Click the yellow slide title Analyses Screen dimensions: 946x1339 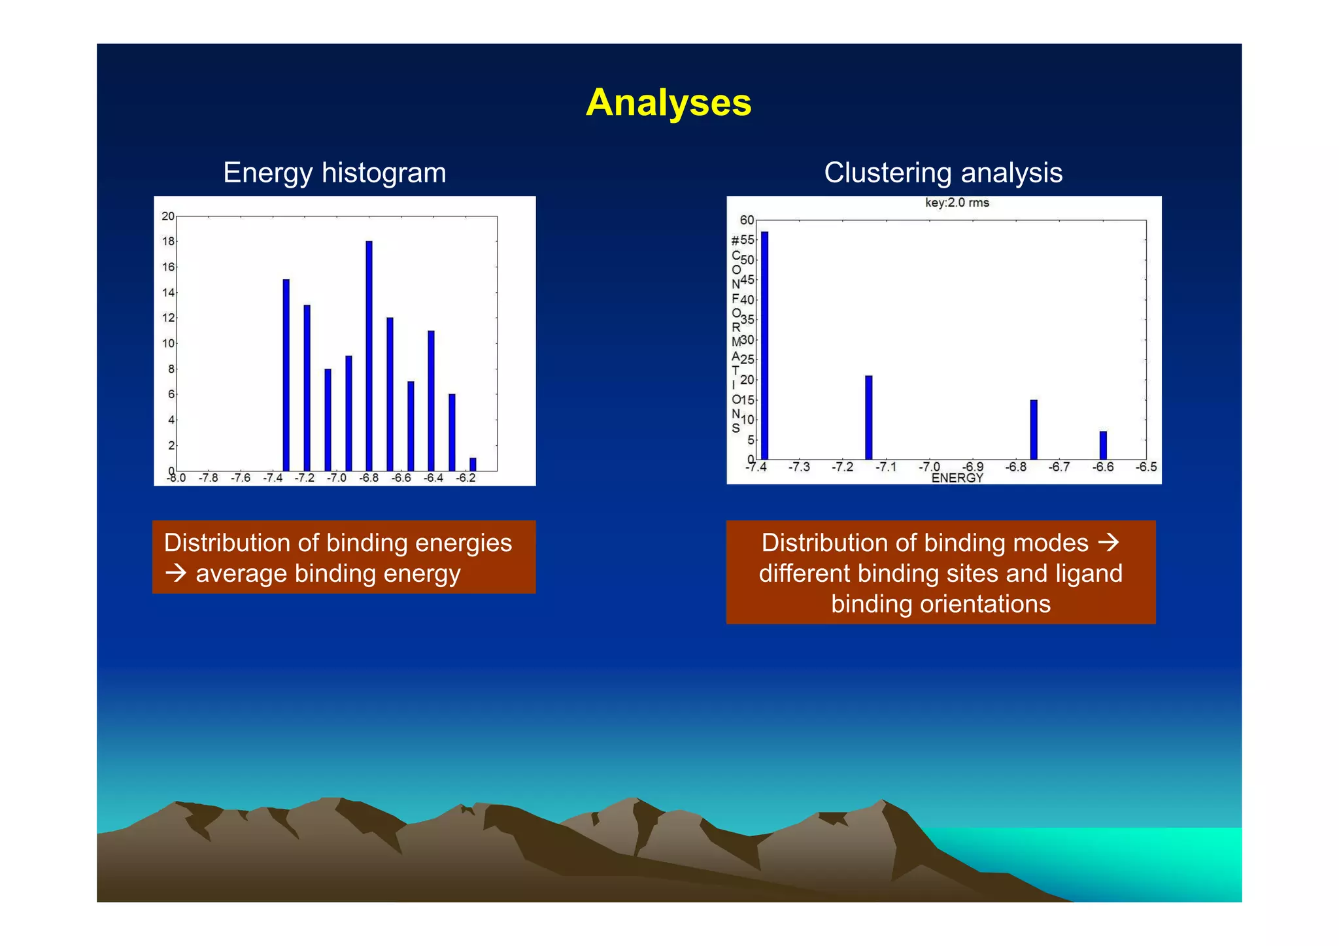tap(668, 103)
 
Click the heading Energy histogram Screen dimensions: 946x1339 tap(334, 173)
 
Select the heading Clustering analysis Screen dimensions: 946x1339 tap(943, 173)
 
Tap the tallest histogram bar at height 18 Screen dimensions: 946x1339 tap(369, 356)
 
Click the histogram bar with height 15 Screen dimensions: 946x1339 tap(286, 375)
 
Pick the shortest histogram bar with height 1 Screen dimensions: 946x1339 tap(473, 464)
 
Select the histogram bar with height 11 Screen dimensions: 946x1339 tap(431, 400)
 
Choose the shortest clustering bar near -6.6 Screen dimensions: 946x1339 tap(1103, 445)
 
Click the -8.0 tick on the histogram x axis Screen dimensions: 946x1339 tap(176, 478)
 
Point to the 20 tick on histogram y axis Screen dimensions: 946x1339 tap(168, 216)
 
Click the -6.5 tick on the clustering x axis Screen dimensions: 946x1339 tap(1146, 467)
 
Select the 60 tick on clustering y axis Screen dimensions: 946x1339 tap(747, 220)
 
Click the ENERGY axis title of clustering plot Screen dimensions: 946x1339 tap(957, 478)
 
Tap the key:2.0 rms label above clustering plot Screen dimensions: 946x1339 tap(957, 203)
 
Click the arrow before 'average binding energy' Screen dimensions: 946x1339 tap(176, 573)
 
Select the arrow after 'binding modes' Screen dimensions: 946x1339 tap(1108, 543)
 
